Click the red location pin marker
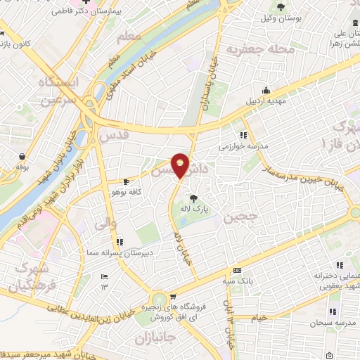tap(181, 165)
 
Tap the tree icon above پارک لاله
tap(193, 198)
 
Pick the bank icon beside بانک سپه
tap(237, 270)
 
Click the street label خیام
tap(259, 318)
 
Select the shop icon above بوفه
tap(22, 156)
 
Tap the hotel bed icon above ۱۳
tap(105, 276)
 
